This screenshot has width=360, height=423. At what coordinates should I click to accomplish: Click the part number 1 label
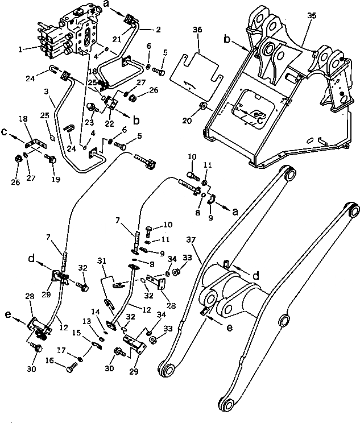coord(21,49)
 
